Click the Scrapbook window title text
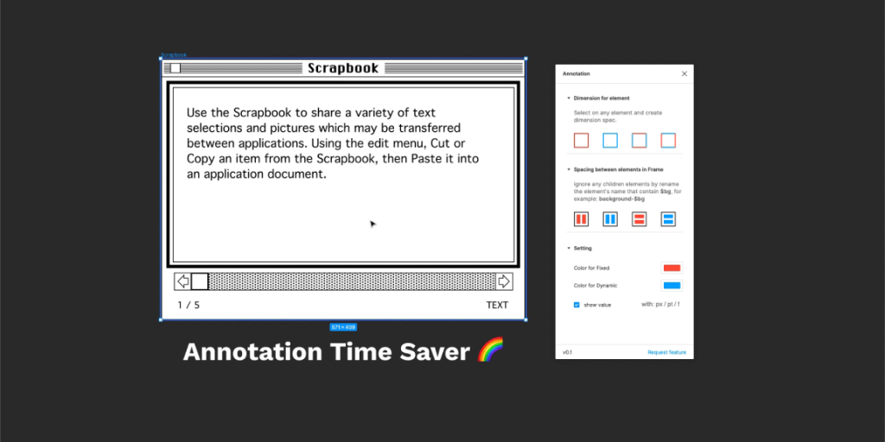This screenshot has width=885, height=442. [343, 68]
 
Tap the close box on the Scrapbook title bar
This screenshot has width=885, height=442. [175, 68]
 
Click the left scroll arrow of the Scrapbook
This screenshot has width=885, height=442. [182, 281]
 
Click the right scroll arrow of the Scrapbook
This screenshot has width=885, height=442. [504, 281]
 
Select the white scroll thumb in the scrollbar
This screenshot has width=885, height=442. [200, 281]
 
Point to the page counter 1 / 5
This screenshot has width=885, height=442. [188, 305]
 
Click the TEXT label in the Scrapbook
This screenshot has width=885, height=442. [497, 305]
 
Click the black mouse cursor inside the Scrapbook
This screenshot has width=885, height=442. [372, 224]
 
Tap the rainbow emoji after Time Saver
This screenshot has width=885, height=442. [490, 350]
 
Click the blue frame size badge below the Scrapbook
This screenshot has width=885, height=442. [343, 327]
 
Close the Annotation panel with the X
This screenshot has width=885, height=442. [684, 74]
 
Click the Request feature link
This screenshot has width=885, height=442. [666, 352]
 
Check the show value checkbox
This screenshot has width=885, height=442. [577, 305]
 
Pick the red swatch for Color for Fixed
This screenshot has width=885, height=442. [672, 268]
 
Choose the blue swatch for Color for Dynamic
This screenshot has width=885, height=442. [672, 286]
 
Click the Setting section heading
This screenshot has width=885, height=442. [583, 249]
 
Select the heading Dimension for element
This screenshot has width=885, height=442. [602, 98]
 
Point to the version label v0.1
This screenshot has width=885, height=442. [568, 352]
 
